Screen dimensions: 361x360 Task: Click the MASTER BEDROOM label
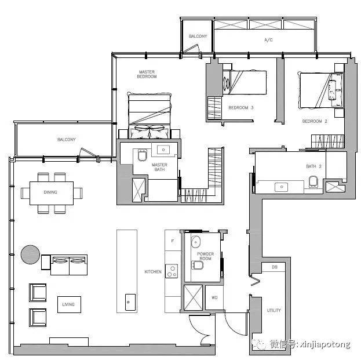point(147,74)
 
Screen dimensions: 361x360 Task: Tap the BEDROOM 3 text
point(241,108)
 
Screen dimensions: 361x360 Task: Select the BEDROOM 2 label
point(315,121)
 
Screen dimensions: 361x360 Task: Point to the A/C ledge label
point(268,40)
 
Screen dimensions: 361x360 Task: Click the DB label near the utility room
point(275,267)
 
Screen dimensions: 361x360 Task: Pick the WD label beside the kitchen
point(214,297)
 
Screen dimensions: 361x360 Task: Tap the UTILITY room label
point(274,310)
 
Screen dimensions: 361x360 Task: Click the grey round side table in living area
point(30,254)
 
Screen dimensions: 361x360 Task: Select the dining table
point(52,193)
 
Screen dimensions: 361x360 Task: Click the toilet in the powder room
point(198,265)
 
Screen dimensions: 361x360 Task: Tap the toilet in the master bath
point(143,155)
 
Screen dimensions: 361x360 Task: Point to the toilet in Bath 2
point(313,181)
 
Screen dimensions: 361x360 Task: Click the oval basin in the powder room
point(196,242)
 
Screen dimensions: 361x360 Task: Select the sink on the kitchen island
point(130,302)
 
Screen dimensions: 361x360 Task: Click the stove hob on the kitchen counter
point(172,271)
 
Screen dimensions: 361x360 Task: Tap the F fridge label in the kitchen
point(173,241)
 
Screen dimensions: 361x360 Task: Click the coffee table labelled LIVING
point(69,304)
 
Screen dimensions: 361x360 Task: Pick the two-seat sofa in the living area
point(69,265)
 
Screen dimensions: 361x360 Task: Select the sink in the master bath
point(163,150)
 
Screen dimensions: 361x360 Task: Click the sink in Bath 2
point(282,187)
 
